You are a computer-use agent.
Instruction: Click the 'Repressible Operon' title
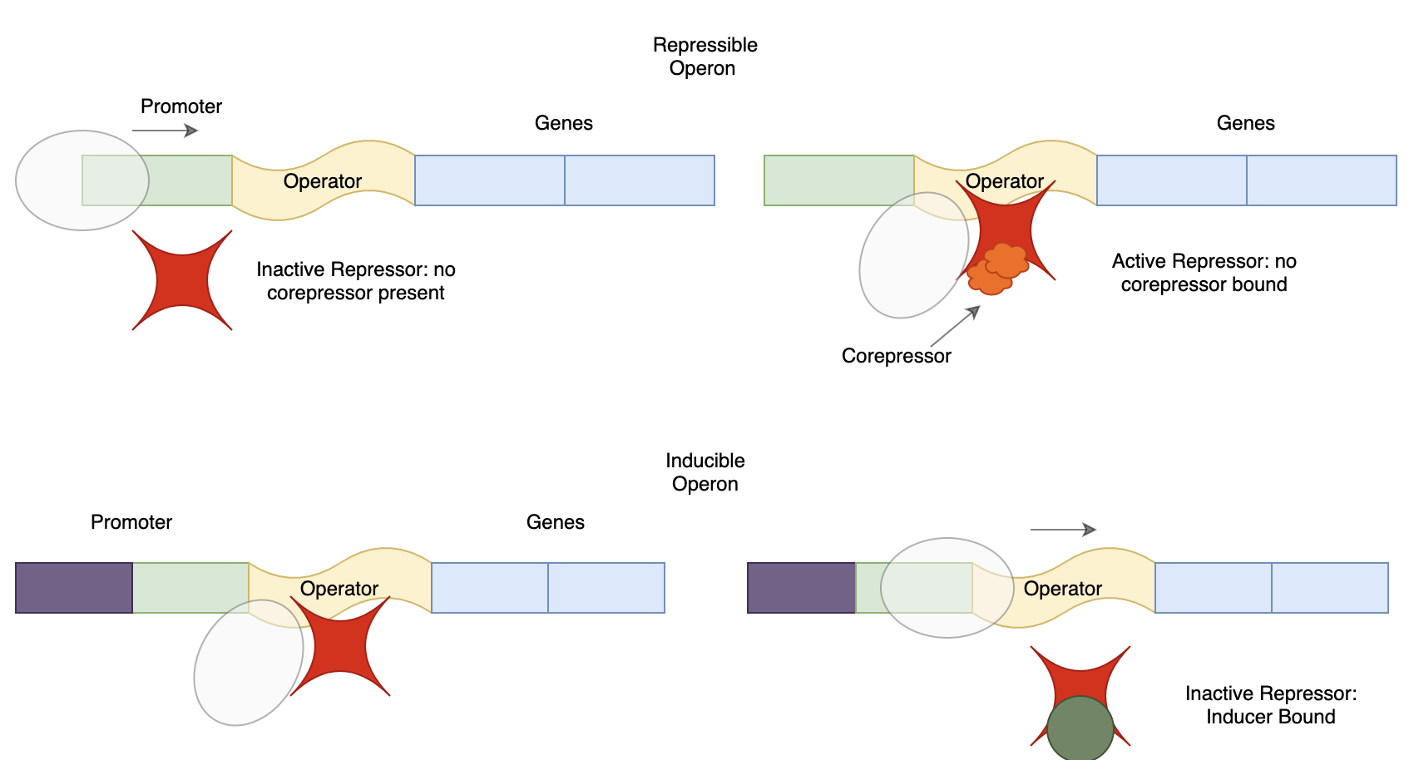pos(704,57)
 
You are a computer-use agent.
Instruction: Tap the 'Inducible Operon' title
pos(704,472)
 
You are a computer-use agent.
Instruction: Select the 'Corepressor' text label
pos(896,356)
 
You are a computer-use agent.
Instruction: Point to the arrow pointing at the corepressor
pos(955,326)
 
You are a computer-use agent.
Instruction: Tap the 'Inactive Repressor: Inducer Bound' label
pos(1270,705)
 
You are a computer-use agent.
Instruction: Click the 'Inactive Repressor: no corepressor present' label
pos(355,281)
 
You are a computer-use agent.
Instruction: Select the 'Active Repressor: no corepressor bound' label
pos(1204,273)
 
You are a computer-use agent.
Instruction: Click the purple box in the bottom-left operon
pos(74,588)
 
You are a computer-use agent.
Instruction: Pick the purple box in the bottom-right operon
pos(801,588)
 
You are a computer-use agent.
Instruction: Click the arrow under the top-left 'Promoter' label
pos(165,131)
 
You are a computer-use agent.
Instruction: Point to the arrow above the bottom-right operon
pos(1063,530)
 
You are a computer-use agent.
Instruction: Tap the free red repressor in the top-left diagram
pos(182,280)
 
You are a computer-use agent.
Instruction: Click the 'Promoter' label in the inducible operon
pos(131,522)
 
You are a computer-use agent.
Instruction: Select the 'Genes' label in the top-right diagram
pos(1245,123)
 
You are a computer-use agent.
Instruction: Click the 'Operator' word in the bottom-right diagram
pos(1062,589)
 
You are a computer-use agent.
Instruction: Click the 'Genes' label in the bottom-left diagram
pos(555,522)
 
